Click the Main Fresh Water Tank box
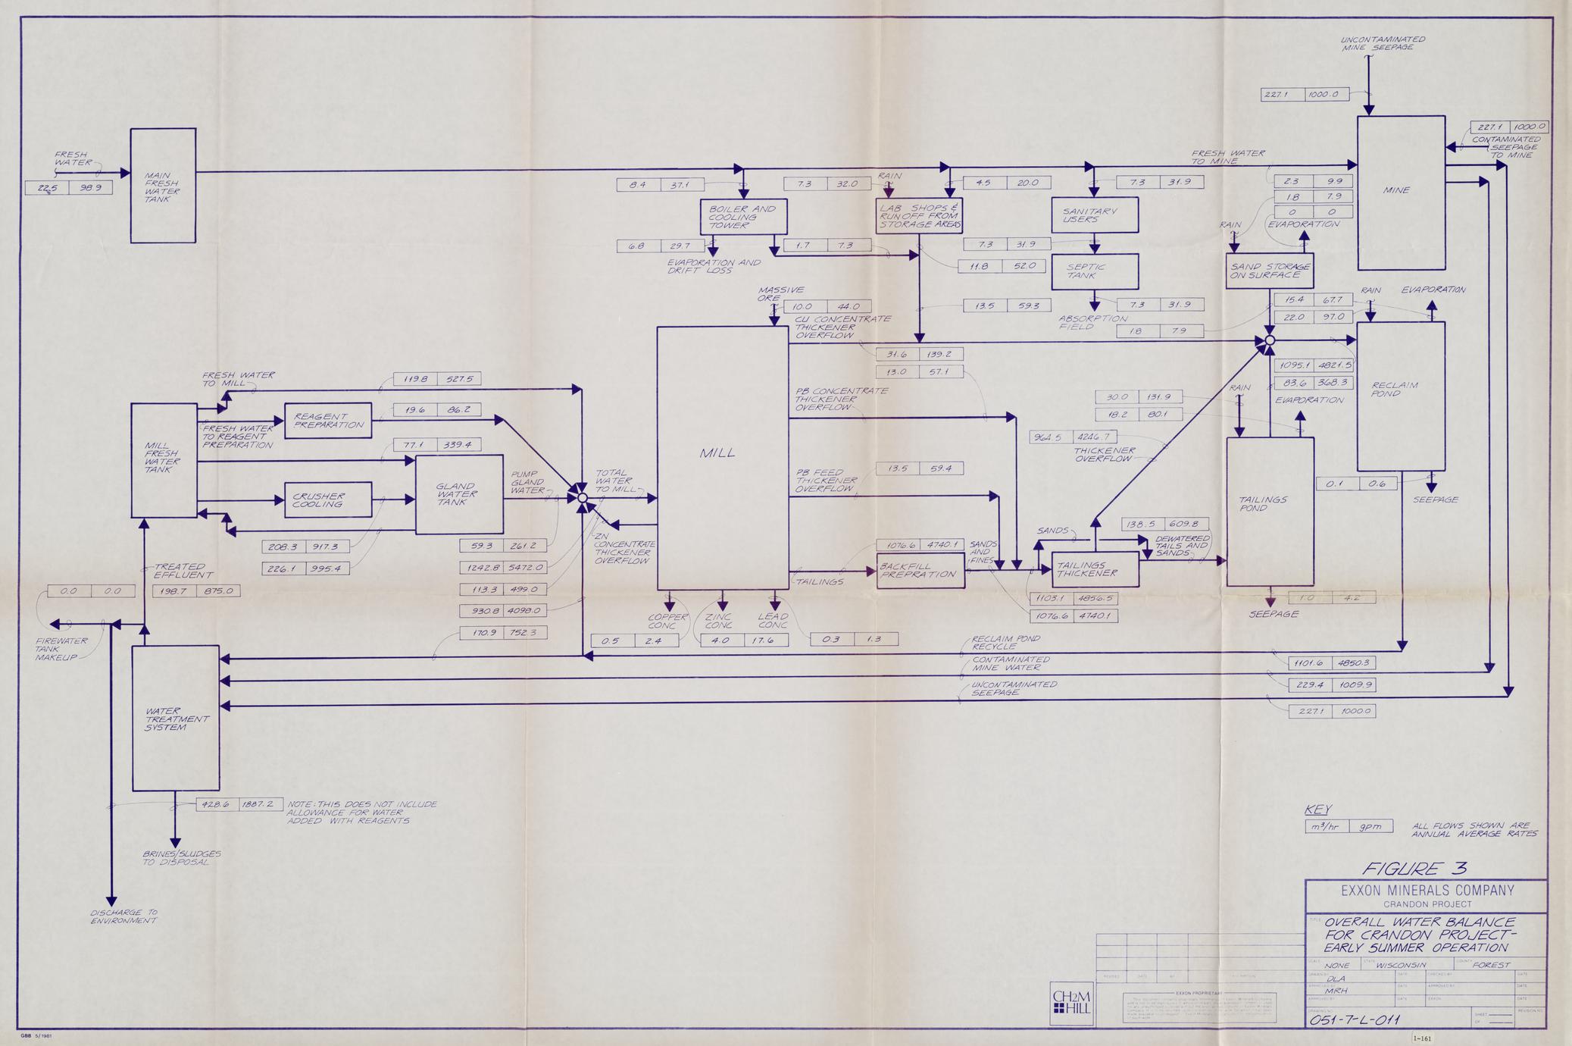(163, 186)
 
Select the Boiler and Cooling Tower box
(743, 217)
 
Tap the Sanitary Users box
(1095, 215)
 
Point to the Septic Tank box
(1095, 271)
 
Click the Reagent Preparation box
(328, 421)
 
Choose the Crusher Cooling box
(328, 500)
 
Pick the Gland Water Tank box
(459, 494)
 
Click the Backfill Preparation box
(920, 571)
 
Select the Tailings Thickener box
(1095, 569)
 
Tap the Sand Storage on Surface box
(1269, 271)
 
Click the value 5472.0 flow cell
(525, 567)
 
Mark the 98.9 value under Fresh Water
(90, 187)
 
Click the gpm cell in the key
(1370, 826)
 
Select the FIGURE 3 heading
(1414, 869)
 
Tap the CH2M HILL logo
(1072, 1004)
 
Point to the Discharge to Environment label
(123, 916)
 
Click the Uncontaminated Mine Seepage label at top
(1382, 43)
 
